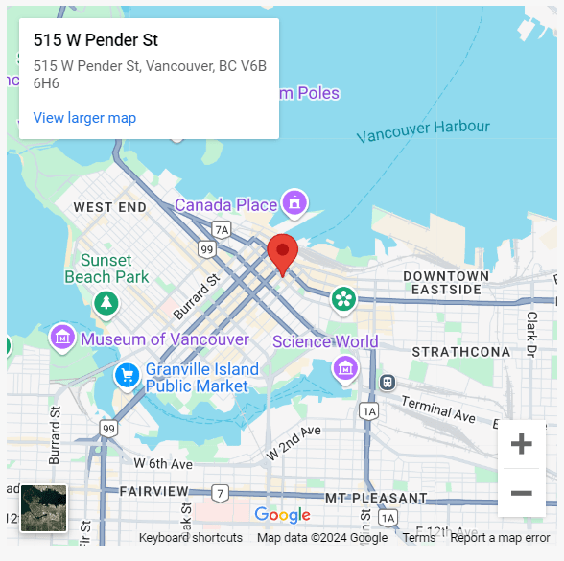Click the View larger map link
(x=84, y=118)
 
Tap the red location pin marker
(x=282, y=253)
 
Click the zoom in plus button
(x=521, y=444)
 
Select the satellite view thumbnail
(x=44, y=508)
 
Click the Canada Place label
(x=225, y=205)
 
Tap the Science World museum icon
(x=344, y=367)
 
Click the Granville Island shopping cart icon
(x=126, y=376)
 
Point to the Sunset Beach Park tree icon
(x=106, y=303)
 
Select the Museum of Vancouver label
(x=164, y=339)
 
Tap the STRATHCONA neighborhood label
(x=461, y=352)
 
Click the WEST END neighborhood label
(x=110, y=207)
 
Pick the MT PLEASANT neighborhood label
(x=376, y=498)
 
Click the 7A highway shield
(x=222, y=229)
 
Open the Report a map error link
(x=500, y=538)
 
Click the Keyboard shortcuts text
(x=190, y=538)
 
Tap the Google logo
(x=282, y=515)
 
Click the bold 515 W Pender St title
(x=96, y=40)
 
